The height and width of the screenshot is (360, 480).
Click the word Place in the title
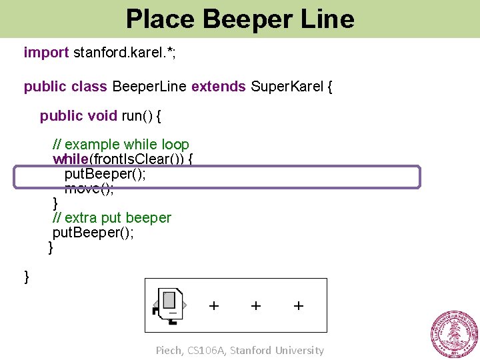click(161, 19)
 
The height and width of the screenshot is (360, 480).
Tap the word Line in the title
click(327, 19)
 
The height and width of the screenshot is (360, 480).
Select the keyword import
click(46, 52)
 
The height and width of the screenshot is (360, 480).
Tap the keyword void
click(103, 116)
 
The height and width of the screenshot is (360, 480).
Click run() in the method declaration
click(137, 116)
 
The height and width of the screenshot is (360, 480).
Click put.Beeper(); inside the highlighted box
click(105, 174)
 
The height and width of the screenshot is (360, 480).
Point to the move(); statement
click(89, 188)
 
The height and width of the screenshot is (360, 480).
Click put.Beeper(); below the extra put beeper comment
click(93, 233)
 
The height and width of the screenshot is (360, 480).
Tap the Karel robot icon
click(171, 305)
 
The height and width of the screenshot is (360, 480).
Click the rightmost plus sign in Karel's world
click(299, 305)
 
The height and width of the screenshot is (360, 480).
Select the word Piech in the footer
click(168, 350)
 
